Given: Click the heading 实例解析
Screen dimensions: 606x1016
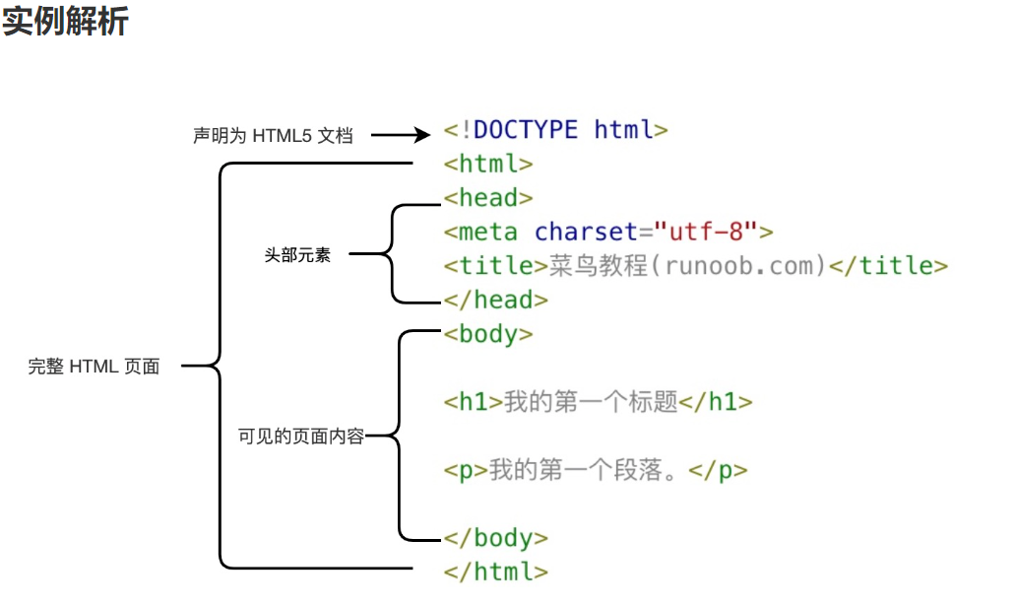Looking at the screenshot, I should coord(65,21).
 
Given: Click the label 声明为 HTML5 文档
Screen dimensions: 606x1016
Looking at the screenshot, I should coord(273,136).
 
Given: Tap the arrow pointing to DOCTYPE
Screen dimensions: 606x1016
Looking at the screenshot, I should coord(401,136).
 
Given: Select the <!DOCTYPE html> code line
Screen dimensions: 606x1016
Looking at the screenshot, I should coord(556,130).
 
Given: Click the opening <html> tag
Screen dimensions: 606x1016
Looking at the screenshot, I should coord(488,164).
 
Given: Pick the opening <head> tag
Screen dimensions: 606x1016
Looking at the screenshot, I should coord(488,197).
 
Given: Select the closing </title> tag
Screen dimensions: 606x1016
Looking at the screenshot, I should coord(888,265).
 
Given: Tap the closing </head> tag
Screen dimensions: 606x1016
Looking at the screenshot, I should coord(495,300).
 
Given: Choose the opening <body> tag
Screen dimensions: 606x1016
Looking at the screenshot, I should coord(488,334).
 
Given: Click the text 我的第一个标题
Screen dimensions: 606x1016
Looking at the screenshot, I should coord(592,402).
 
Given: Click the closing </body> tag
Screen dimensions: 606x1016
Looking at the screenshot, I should coord(495,538).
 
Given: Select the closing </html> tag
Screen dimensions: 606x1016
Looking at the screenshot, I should coord(495,572).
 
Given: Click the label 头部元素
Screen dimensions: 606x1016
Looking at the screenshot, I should coord(297,255).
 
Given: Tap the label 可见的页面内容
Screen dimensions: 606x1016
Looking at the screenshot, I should coord(301,436).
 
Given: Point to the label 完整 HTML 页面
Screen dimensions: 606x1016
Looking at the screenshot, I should coord(94,367).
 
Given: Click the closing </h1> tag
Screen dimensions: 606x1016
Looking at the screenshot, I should coord(717,402).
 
